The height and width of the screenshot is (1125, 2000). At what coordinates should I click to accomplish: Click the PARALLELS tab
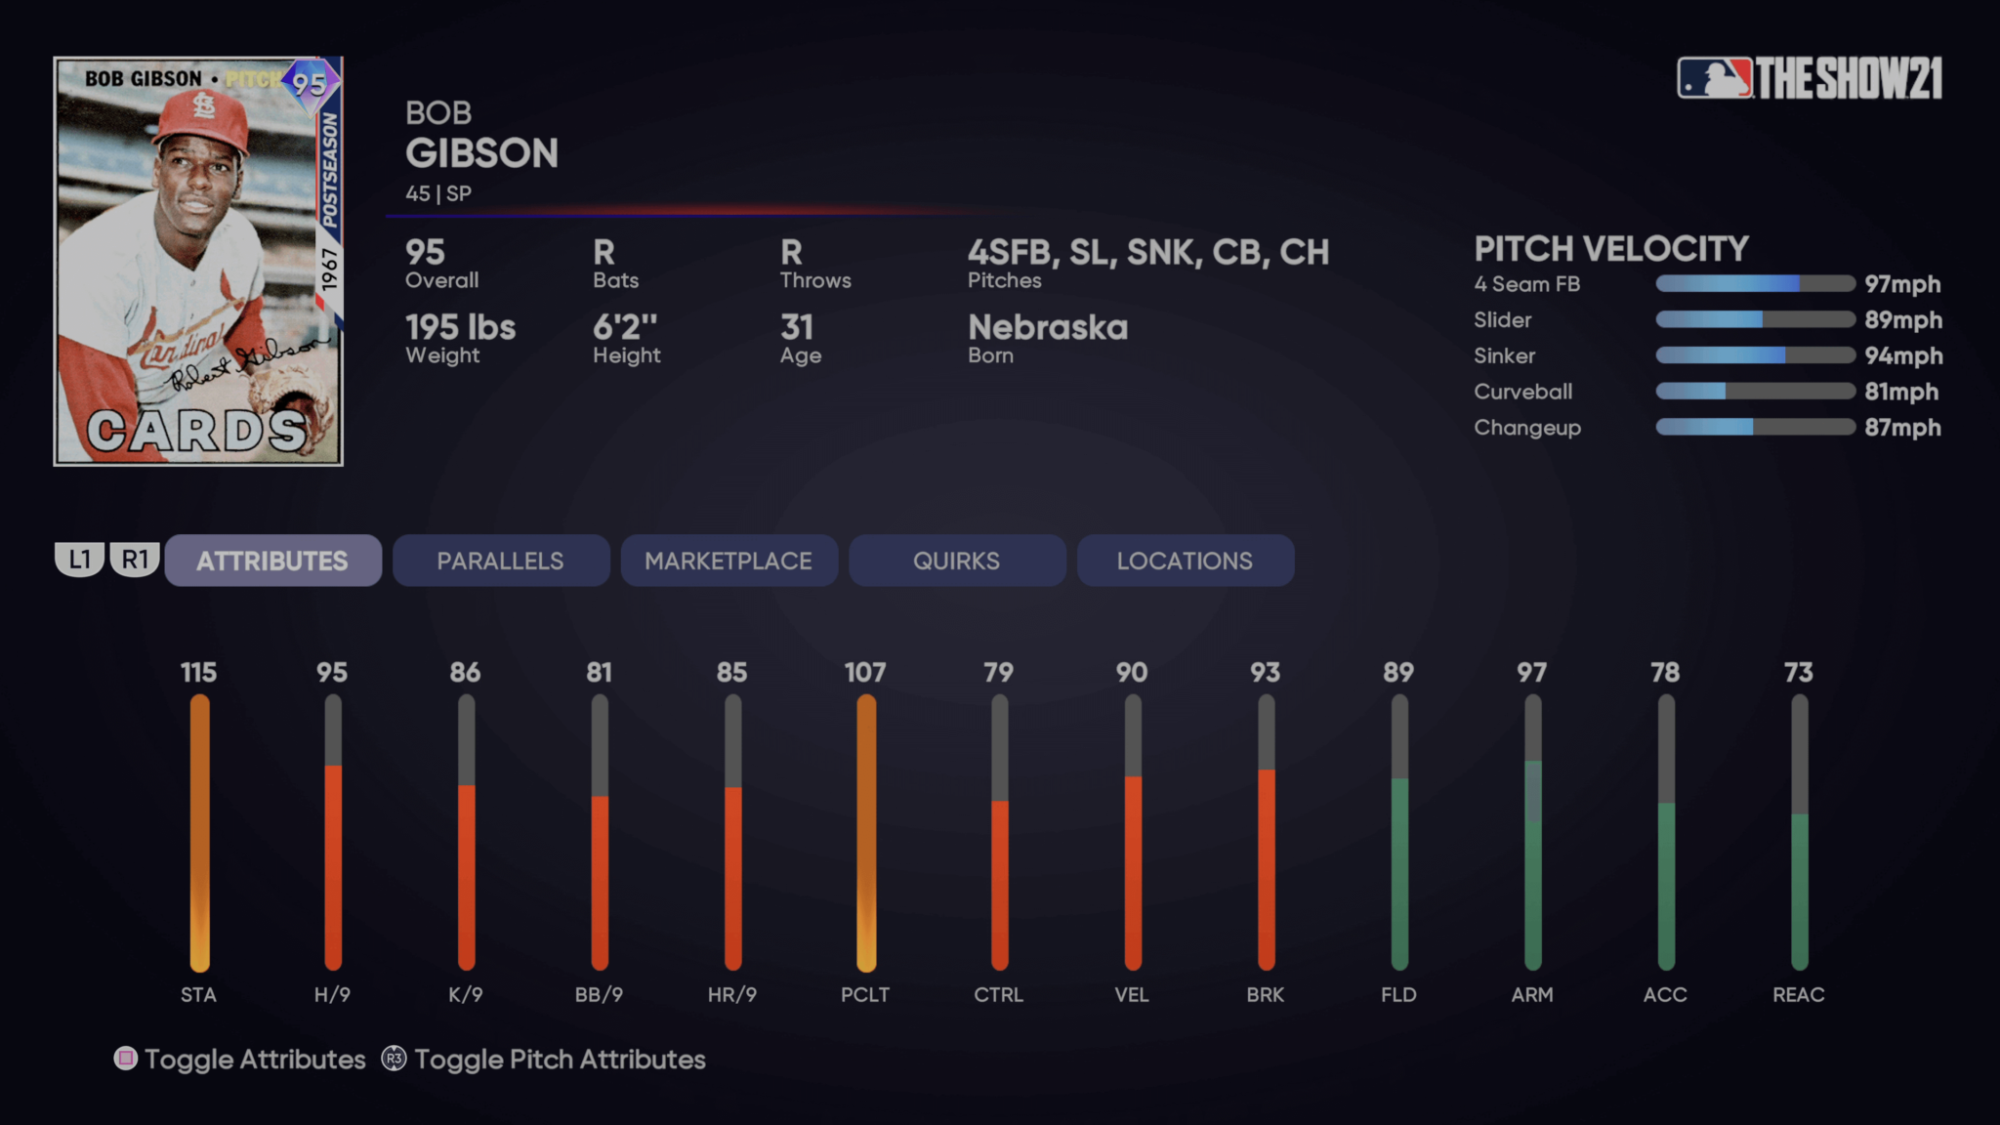[500, 561]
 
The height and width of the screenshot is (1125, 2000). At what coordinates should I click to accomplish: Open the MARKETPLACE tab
[729, 561]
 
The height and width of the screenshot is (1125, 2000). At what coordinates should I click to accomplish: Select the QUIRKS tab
[956, 561]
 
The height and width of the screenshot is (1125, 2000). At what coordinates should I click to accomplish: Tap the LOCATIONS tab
[1185, 561]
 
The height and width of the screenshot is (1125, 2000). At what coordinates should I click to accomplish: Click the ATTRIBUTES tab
[272, 561]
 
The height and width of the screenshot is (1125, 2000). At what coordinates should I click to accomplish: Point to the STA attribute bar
[199, 832]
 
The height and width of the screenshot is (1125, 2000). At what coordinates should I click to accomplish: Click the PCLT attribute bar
[865, 832]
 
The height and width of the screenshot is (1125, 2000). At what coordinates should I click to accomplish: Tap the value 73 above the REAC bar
[1798, 672]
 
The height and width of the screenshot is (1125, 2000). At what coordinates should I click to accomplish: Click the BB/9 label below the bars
[599, 994]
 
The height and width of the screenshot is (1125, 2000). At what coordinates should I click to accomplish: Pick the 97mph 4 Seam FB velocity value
[1901, 284]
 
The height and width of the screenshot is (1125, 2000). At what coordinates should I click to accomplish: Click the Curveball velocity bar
[1755, 392]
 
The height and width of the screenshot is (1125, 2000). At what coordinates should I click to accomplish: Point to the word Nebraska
[1047, 327]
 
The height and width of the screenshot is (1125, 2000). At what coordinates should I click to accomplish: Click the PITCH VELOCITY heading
[1611, 249]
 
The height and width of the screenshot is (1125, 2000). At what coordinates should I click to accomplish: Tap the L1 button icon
[79, 560]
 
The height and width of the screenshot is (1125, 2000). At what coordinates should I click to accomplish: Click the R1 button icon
[135, 560]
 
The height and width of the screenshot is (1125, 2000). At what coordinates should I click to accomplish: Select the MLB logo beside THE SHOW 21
[1714, 78]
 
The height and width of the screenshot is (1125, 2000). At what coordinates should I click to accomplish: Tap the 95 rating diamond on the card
[310, 84]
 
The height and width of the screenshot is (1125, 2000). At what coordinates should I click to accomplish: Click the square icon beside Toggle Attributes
[126, 1059]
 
